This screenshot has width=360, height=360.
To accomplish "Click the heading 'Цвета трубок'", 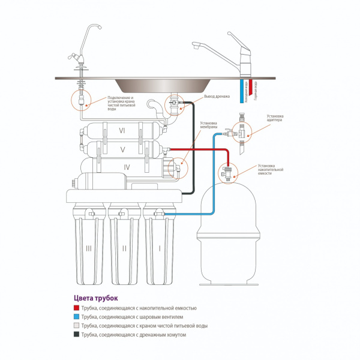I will (x=95, y=298).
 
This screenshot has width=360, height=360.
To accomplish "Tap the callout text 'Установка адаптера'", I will (x=275, y=118).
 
